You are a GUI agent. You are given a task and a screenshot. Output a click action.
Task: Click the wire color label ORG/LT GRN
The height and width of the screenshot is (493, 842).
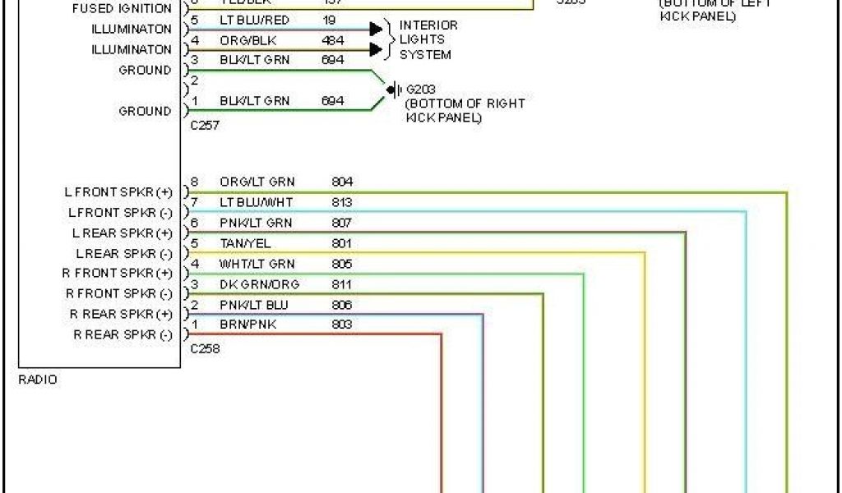point(257,182)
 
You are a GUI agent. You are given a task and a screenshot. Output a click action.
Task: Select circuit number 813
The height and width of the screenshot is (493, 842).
point(342,202)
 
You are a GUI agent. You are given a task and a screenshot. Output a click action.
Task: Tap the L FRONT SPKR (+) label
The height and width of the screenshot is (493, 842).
point(118,192)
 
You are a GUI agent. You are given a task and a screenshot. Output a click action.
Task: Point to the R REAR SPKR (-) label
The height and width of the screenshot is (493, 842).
point(123,335)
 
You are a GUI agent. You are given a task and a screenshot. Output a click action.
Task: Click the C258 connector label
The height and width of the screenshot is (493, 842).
point(205,348)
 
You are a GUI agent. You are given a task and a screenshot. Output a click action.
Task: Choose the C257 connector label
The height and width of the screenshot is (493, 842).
point(205,126)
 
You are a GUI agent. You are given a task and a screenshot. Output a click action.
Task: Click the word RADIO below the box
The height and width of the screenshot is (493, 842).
point(38,380)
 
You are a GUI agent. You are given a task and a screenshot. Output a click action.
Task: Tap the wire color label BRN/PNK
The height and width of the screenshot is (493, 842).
point(248,325)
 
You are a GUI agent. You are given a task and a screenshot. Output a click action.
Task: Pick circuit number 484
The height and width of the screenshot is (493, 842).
point(332,39)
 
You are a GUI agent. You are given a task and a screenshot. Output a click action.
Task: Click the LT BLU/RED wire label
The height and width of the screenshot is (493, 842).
point(253,20)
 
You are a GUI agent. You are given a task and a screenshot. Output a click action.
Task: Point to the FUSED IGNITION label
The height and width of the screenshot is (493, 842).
point(123,9)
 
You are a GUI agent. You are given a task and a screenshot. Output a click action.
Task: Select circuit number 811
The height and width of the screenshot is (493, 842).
point(342,284)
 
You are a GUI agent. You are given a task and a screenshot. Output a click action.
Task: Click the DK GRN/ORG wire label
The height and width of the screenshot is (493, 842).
point(259,284)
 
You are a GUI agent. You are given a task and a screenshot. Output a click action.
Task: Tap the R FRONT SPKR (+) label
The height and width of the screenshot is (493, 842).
point(118,274)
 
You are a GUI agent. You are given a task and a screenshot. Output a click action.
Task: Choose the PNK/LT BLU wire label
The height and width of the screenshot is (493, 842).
point(254,305)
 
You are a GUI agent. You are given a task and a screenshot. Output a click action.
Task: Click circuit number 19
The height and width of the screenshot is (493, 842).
point(329,20)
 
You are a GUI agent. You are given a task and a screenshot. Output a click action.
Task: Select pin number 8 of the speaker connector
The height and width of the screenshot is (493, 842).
point(194,182)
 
